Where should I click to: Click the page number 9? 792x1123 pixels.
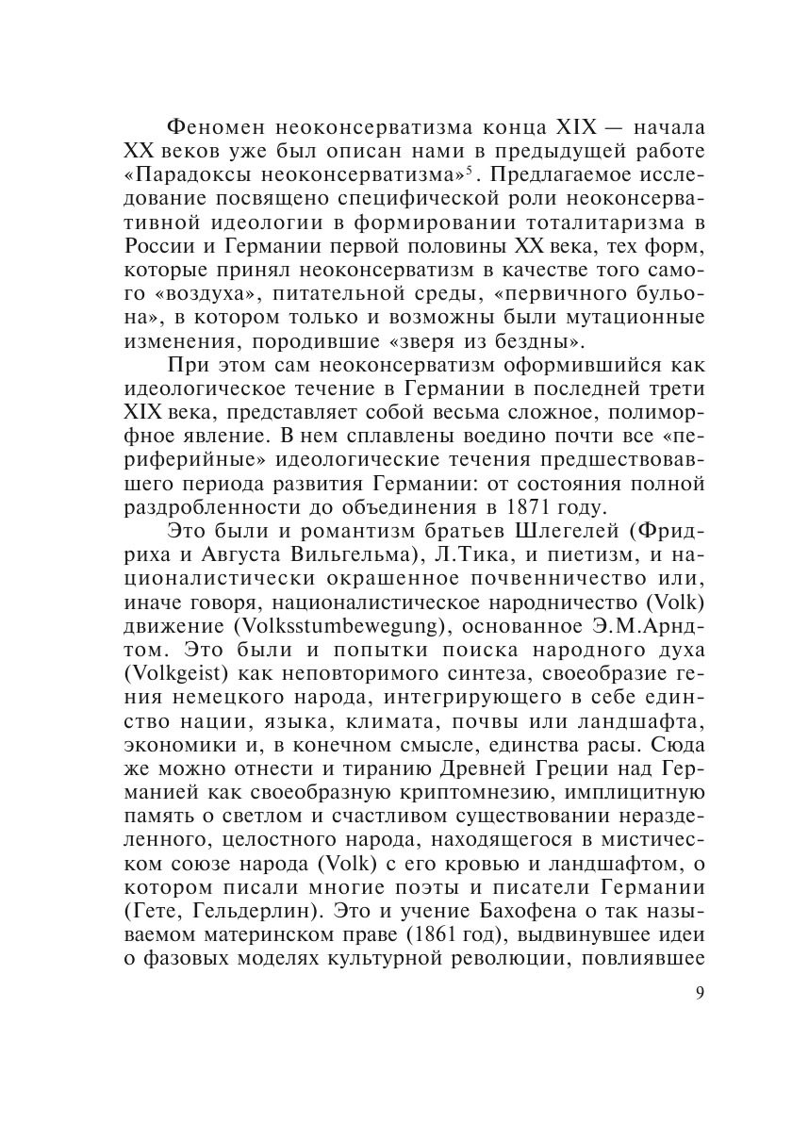click(698, 996)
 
